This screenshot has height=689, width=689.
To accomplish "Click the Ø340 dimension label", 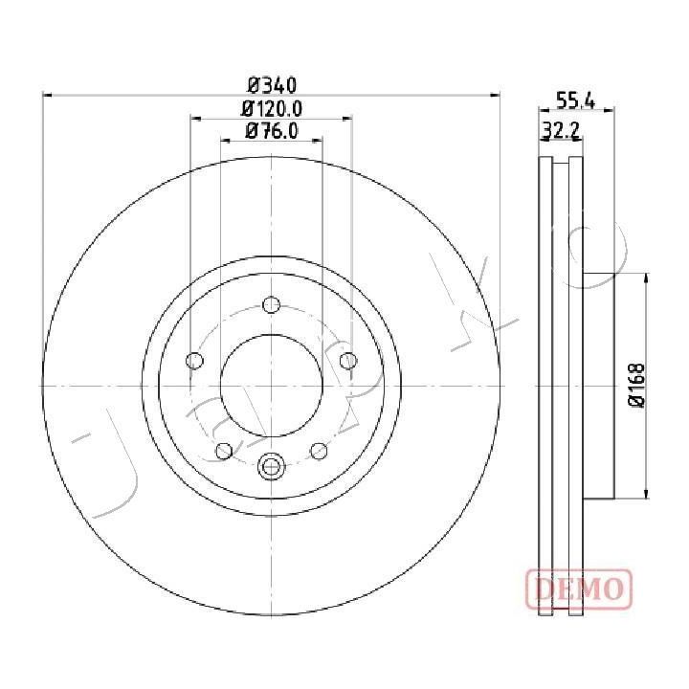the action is (272, 85).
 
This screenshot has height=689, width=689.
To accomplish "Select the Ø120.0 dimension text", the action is (272, 108).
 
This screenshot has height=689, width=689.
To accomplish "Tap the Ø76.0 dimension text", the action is (272, 131).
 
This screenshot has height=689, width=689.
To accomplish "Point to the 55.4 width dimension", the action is (576, 101).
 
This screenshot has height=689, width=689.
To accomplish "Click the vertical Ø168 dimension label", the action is (636, 385).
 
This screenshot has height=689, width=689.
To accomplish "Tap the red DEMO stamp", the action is (579, 589).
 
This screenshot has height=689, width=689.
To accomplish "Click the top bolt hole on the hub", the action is (271, 304).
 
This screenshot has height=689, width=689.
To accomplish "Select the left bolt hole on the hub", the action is (194, 361).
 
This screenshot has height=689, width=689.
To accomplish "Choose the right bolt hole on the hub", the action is (348, 361).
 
